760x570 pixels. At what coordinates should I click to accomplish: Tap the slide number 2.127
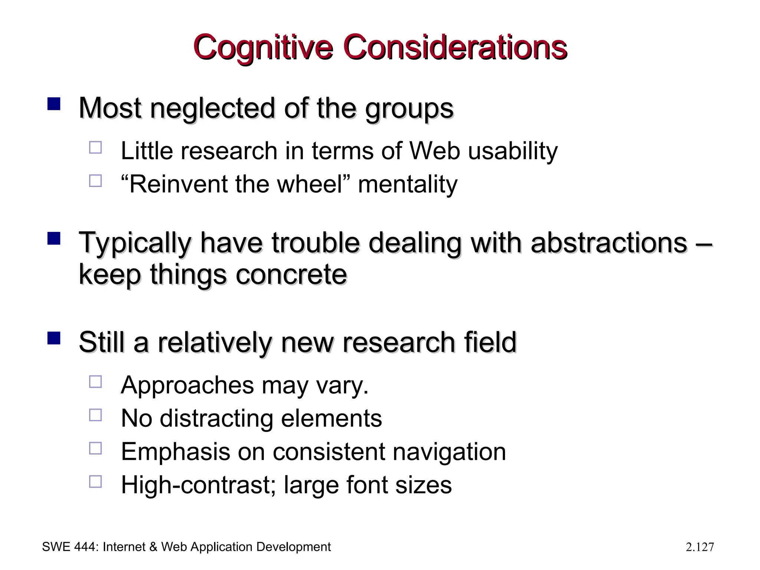tap(700, 547)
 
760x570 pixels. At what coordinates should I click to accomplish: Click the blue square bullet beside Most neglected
tap(54, 104)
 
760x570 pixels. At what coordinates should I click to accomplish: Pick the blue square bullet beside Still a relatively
tap(54, 338)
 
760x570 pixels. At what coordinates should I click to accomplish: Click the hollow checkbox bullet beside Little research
tap(95, 148)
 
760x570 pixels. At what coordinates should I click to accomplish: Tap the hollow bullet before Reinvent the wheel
tap(95, 181)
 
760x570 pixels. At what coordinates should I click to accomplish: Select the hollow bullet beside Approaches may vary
tap(95, 382)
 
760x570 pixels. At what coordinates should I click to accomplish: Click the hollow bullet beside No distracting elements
tap(95, 415)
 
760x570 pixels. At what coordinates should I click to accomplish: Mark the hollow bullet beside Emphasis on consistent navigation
tap(95, 449)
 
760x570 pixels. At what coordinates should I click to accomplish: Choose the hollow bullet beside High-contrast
tap(95, 482)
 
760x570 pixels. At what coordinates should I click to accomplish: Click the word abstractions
tap(609, 243)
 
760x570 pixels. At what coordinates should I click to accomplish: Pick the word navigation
tap(449, 452)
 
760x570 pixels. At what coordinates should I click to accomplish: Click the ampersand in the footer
tap(153, 547)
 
